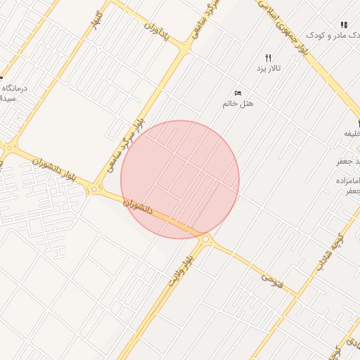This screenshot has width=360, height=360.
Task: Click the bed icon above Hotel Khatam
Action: (238, 93)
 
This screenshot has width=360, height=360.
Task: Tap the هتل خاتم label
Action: (238, 103)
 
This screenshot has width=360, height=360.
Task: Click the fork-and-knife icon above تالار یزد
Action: (268, 58)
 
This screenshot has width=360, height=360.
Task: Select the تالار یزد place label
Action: (267, 68)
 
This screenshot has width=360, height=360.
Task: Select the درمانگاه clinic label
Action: (15, 89)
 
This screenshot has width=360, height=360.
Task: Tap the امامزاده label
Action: (347, 181)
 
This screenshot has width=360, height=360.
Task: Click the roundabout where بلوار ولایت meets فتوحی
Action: (205, 240)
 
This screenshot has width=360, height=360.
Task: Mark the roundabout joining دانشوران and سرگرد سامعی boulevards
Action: (94, 189)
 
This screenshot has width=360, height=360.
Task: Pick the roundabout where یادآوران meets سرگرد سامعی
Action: (186, 48)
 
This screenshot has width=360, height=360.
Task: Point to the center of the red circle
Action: (180, 179)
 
